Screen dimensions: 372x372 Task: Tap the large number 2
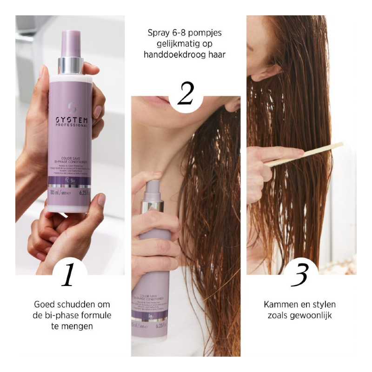(x=185, y=93)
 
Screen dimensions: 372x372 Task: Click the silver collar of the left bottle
(x=70, y=65)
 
